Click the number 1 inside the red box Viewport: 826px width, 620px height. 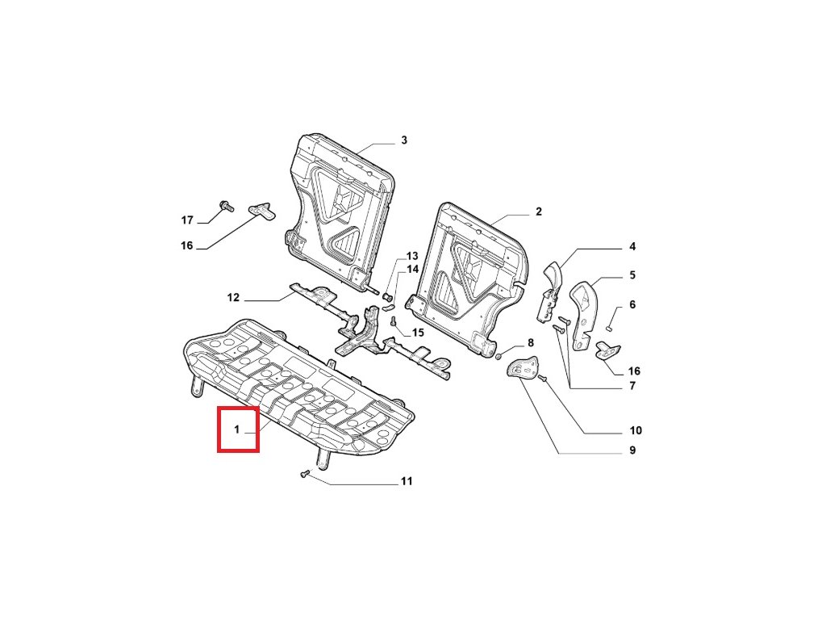click(237, 430)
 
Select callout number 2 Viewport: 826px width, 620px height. click(538, 212)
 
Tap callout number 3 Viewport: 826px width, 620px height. click(404, 140)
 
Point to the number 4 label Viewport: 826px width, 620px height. click(632, 246)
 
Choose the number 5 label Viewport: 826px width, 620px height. click(632, 275)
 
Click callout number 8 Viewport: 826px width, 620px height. click(531, 343)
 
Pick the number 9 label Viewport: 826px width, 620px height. click(632, 450)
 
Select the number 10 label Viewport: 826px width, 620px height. click(636, 430)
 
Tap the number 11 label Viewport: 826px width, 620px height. click(407, 482)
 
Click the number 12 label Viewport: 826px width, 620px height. click(233, 298)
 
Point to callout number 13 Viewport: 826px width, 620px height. click(412, 256)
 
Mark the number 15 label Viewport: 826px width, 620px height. click(417, 333)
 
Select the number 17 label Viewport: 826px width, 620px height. click(187, 220)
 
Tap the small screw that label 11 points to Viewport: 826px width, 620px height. click(305, 474)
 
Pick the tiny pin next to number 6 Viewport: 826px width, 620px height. click(611, 327)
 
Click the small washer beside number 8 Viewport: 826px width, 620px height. click(501, 355)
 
